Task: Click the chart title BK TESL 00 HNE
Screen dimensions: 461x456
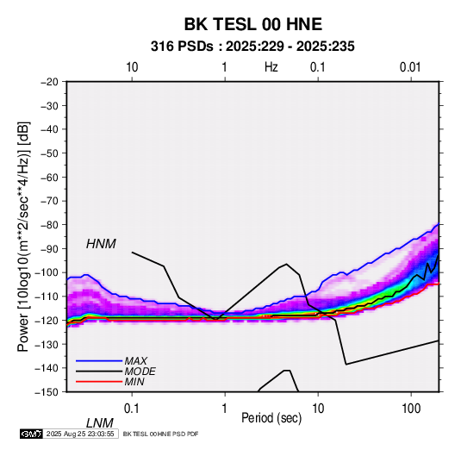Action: [x=252, y=24]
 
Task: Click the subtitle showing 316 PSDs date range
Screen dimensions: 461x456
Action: [x=252, y=47]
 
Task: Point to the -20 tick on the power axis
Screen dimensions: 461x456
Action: [x=49, y=82]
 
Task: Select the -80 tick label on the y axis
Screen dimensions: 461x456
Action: [x=49, y=225]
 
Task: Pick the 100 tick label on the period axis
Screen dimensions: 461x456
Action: [x=411, y=409]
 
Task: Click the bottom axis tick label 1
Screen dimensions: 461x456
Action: [x=224, y=409]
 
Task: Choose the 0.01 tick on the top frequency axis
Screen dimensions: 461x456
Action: [x=410, y=67]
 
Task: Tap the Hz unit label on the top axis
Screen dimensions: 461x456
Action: [x=271, y=67]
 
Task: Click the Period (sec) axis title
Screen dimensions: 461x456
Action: [x=271, y=418]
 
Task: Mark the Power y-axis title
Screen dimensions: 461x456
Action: [x=23, y=236]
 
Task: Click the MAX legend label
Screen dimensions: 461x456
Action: [x=136, y=361]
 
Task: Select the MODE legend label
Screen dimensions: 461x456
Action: [x=140, y=372]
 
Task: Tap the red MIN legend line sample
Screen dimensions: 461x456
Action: [x=99, y=382]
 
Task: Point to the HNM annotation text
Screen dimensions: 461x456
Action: [x=101, y=244]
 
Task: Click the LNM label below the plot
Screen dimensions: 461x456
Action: [x=100, y=423]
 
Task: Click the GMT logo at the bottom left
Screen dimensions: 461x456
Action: [x=31, y=434]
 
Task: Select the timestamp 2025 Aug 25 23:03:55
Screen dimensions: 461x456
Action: [x=80, y=434]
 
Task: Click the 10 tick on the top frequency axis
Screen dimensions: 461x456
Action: [x=132, y=67]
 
